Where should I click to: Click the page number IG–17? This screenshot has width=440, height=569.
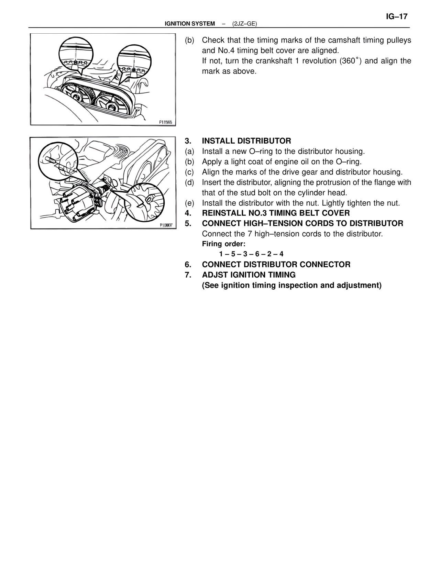(396, 16)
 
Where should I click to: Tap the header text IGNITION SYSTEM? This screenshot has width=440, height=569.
(190, 24)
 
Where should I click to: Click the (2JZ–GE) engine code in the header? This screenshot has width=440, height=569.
(244, 24)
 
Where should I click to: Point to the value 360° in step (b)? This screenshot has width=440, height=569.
(350, 61)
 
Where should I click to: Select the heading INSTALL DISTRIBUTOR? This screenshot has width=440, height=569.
(246, 141)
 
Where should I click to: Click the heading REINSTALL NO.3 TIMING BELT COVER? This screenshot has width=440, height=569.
(276, 213)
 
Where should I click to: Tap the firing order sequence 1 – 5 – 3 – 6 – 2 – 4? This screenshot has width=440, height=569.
(251, 254)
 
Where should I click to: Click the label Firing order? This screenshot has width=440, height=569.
(223, 244)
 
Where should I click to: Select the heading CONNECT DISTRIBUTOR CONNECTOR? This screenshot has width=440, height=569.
(276, 265)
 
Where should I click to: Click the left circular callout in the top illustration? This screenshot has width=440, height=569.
(75, 55)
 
